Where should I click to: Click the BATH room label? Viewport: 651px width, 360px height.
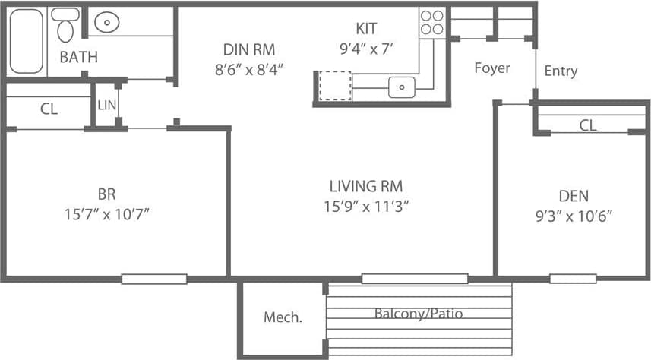coord(78,57)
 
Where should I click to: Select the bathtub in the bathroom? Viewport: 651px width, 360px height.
coord(27,40)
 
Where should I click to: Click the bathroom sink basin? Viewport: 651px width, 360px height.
coord(107,23)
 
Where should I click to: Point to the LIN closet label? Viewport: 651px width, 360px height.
coord(107,105)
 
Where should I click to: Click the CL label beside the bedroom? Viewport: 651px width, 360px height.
coord(49,109)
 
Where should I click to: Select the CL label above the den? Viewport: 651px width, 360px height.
coord(588,125)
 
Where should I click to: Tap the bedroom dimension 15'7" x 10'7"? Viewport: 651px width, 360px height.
coord(106,214)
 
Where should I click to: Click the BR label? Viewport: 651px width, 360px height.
coord(106,194)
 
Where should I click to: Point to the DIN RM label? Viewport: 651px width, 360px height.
coord(248,49)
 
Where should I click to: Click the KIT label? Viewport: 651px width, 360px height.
coord(366,29)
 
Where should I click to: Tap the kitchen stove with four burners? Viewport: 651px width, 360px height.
coord(431,22)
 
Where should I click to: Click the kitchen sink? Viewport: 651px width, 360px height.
coord(400,87)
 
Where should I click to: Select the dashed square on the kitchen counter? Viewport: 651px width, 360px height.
coord(334,85)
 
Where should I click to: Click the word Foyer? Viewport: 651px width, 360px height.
coord(492,68)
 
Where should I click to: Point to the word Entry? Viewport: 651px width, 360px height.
coord(561,71)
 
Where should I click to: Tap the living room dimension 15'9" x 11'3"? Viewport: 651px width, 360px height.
coord(365,207)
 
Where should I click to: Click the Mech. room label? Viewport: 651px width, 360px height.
coord(283,317)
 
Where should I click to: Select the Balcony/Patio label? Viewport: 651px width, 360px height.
coord(419,313)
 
